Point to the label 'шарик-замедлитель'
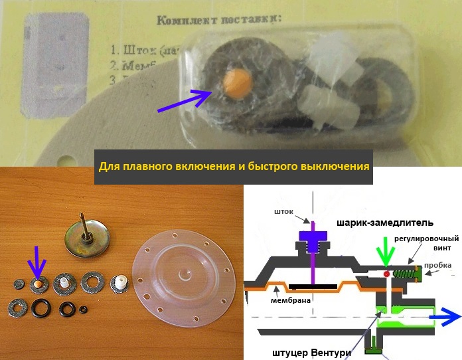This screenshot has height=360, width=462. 375,223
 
